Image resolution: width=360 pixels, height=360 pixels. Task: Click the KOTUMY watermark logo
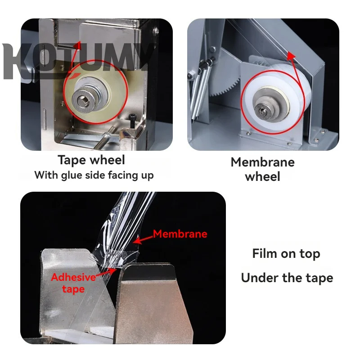coord(76,61)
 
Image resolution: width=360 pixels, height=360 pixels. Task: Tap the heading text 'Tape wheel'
coord(91,160)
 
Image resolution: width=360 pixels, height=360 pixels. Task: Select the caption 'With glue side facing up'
coord(94,175)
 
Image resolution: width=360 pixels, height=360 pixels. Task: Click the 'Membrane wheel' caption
coord(263,169)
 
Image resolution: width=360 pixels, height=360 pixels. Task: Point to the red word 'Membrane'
coord(180,234)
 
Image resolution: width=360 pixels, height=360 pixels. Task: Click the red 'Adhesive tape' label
coord(73,283)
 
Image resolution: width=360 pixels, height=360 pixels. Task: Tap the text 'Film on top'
coord(286,254)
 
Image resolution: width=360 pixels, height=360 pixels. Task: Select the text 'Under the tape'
coord(287,278)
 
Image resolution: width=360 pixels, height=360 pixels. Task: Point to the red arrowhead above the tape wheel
coord(77,45)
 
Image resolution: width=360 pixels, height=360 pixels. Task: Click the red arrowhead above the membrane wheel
coord(291,56)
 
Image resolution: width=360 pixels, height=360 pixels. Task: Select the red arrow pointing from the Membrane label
coord(144,239)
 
